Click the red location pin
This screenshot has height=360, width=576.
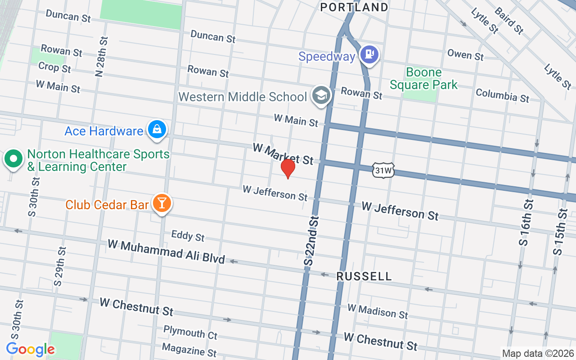pyautogui.click(x=288, y=168)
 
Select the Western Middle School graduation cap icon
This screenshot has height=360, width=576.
pyautogui.click(x=321, y=95)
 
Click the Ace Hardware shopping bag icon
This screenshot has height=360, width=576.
pyautogui.click(x=157, y=130)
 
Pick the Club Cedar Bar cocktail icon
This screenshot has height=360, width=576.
pyautogui.click(x=162, y=203)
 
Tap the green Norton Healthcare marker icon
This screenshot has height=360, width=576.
pyautogui.click(x=13, y=159)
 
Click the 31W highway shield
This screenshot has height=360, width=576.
pyautogui.click(x=383, y=170)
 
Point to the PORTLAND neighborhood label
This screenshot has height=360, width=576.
pyautogui.click(x=354, y=7)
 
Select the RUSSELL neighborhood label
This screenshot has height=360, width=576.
pyautogui.click(x=364, y=276)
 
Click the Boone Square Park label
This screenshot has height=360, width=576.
pyautogui.click(x=423, y=78)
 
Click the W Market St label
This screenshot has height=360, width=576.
pyautogui.click(x=283, y=153)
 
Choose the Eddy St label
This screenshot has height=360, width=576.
pyautogui.click(x=188, y=235)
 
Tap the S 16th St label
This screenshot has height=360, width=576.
pyautogui.click(x=526, y=222)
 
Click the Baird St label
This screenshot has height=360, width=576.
pyautogui.click(x=509, y=20)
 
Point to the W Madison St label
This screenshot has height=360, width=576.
pyautogui.click(x=377, y=311)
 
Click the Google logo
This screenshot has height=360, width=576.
pyautogui.click(x=30, y=349)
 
